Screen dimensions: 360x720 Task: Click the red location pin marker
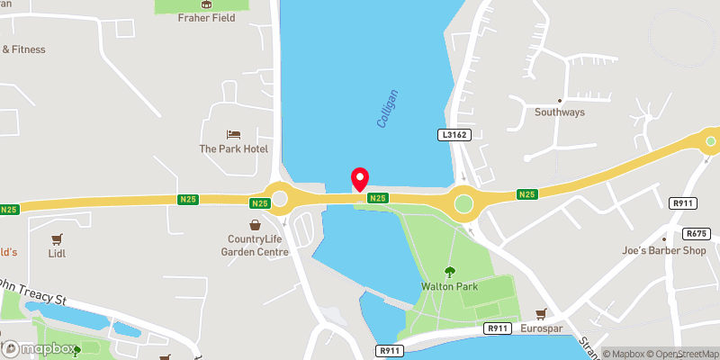[360, 178]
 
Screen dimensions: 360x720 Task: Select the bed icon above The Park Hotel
[233, 134]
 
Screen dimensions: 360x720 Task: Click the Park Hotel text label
[233, 148]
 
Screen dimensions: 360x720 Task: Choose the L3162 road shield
[455, 134]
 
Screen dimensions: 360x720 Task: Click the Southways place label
[560, 112]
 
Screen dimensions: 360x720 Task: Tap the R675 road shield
[706, 233]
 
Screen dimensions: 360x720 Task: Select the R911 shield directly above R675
[685, 204]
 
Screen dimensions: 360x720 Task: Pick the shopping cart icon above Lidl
[58, 239]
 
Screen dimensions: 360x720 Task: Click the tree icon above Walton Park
[449, 272]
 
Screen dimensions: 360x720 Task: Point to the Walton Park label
[449, 287]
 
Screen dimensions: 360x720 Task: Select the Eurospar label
[542, 329]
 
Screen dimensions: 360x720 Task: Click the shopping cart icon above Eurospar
[542, 314]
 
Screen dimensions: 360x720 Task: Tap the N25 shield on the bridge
[378, 198]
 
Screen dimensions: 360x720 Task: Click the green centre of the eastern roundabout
[464, 203]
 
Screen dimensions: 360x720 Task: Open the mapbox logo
[39, 347]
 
